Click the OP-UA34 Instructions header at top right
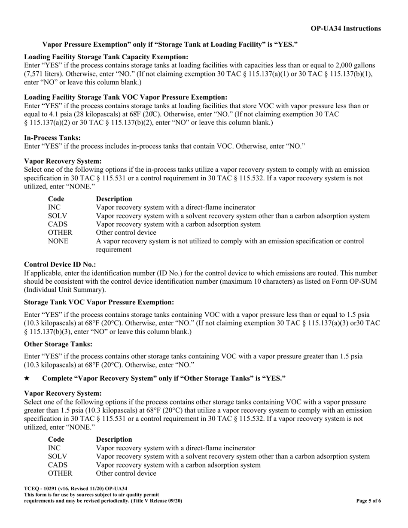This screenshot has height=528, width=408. [345, 28]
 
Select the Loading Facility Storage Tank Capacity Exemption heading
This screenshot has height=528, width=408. [106, 57]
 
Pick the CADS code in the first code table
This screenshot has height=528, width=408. [58, 224]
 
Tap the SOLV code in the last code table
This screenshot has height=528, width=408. [58, 456]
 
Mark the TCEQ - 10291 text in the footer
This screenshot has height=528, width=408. [43, 489]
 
